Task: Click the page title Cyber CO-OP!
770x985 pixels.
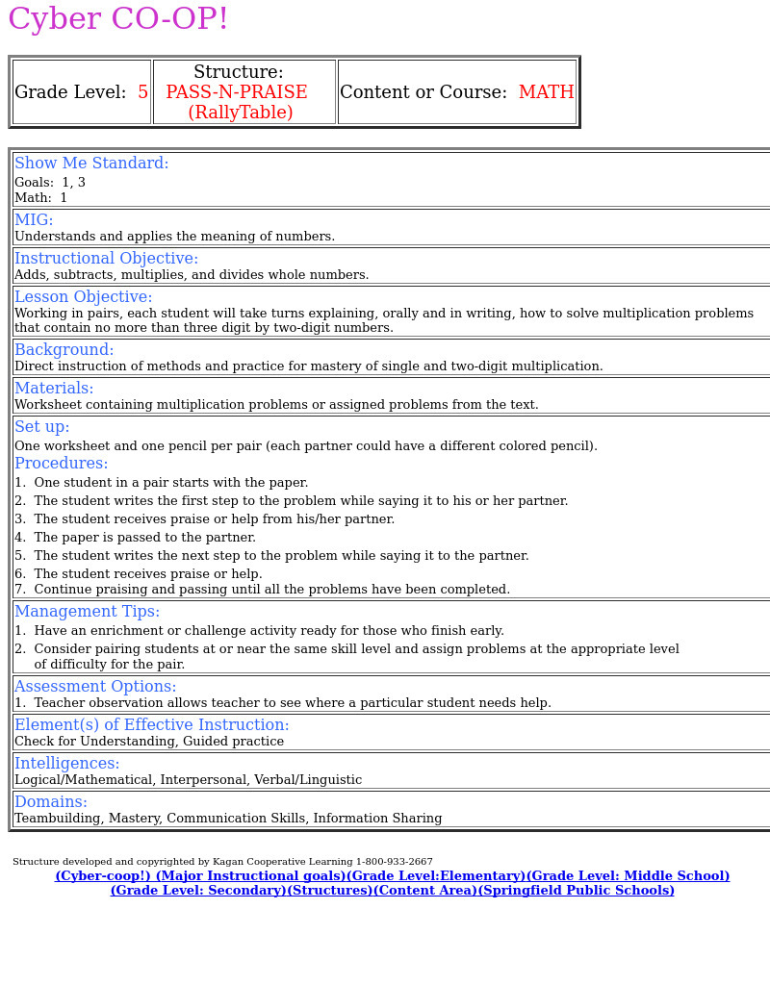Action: click(118, 19)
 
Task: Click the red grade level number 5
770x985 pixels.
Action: click(142, 92)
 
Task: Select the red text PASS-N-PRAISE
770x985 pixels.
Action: click(237, 92)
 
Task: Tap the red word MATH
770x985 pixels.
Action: click(546, 92)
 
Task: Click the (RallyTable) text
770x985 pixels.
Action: click(241, 113)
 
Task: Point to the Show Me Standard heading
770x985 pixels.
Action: click(91, 164)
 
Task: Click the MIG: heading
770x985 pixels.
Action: click(34, 220)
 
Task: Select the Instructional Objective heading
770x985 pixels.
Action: click(106, 259)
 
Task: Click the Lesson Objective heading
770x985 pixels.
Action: click(83, 297)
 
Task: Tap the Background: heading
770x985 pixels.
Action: click(64, 350)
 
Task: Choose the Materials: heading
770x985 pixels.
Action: click(54, 389)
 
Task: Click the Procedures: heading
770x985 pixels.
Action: click(61, 464)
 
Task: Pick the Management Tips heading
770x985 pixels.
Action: click(87, 612)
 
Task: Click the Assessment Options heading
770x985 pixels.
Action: click(95, 687)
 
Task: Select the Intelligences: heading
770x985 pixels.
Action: click(66, 764)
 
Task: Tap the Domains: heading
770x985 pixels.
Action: click(50, 802)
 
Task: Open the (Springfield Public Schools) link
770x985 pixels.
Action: click(577, 891)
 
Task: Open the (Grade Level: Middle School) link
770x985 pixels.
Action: click(628, 876)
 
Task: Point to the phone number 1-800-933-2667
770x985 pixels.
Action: click(395, 862)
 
